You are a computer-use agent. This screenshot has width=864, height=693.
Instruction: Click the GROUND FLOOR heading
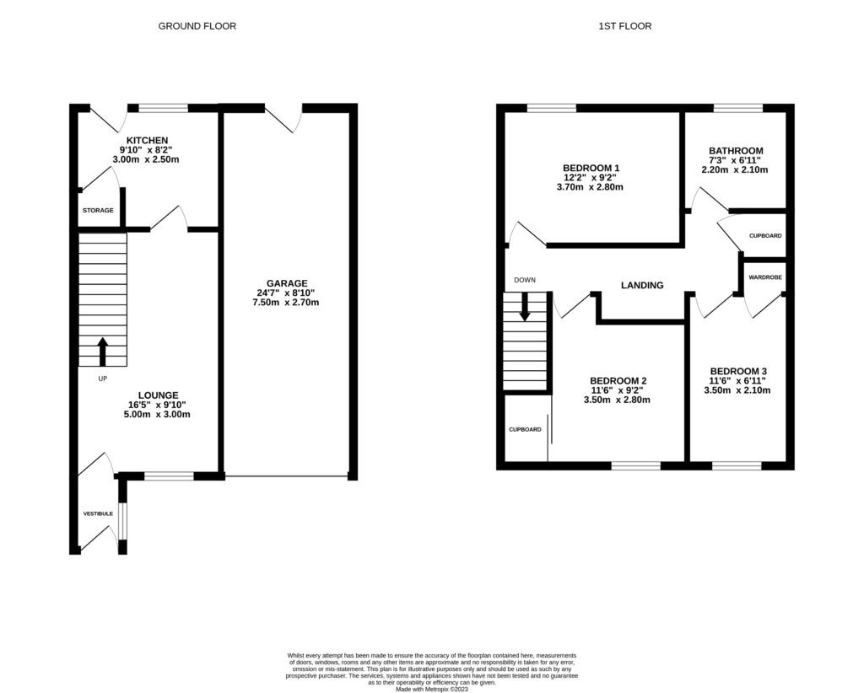click(197, 26)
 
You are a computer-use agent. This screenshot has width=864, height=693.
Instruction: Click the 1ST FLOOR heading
click(625, 26)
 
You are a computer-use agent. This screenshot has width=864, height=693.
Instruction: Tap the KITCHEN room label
click(148, 140)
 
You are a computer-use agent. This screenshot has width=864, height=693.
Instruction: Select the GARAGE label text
click(287, 283)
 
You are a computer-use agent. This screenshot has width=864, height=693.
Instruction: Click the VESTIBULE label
click(98, 513)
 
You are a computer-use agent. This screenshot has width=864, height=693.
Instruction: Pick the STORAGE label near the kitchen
click(98, 210)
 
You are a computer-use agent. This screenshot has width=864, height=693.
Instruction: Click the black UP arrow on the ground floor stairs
click(103, 351)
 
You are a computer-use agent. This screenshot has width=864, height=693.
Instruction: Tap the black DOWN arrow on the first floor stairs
click(525, 306)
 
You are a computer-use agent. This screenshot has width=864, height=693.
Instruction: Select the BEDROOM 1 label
click(591, 168)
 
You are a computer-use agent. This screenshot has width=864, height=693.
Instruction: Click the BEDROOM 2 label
click(618, 380)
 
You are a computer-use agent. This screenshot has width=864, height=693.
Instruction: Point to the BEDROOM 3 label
click(738, 371)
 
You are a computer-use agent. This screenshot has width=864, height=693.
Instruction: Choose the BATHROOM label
click(736, 151)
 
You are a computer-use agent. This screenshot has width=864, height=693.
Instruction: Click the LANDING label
click(642, 285)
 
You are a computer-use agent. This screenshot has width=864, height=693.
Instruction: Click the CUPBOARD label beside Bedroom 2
click(524, 429)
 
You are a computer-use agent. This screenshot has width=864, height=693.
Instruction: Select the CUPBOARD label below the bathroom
click(765, 236)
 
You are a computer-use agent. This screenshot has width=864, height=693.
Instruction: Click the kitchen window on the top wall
click(163, 108)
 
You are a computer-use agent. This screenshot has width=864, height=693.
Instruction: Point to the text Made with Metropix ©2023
click(431, 688)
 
